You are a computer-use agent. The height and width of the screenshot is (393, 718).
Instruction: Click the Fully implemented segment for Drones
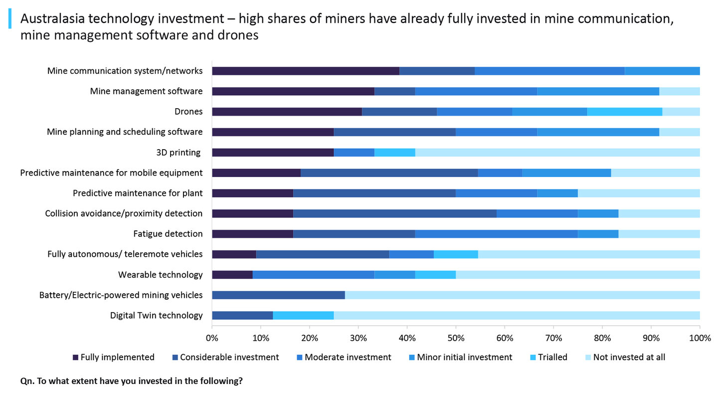tap(287, 112)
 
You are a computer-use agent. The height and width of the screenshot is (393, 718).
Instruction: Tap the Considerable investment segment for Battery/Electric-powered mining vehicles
tap(278, 295)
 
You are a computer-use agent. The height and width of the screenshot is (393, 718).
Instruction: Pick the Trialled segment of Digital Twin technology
tap(303, 316)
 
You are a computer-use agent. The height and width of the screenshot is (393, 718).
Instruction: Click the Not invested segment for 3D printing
tap(557, 153)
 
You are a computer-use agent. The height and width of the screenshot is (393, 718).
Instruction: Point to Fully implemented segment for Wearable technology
tap(232, 275)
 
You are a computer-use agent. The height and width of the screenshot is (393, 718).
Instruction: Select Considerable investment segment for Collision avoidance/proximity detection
tap(394, 213)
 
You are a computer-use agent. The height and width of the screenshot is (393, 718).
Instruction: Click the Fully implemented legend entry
tap(117, 357)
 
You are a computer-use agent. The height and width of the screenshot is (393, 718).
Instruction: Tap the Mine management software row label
tap(146, 91)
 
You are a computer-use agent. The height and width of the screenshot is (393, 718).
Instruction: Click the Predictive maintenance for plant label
tap(138, 193)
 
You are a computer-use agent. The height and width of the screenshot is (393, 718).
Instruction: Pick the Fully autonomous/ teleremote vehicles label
tap(125, 254)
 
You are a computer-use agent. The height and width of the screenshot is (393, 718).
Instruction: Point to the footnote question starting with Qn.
tap(132, 381)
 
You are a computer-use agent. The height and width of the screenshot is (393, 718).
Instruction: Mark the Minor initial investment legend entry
tap(464, 357)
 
